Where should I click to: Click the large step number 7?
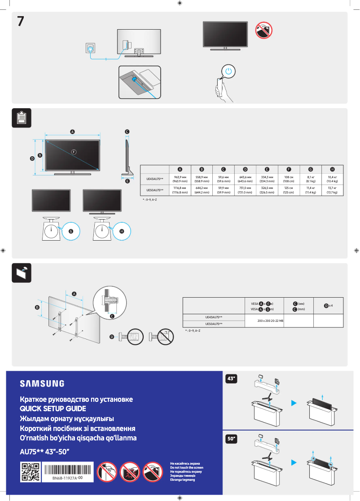(21, 21)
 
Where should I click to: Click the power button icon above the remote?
(229, 71)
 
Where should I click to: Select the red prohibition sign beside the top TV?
(263, 30)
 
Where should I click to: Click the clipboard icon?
(21, 118)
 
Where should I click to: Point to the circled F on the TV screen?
(73, 151)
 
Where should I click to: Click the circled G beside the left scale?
(70, 231)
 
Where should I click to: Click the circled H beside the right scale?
(122, 231)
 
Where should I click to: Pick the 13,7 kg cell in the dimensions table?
(332, 190)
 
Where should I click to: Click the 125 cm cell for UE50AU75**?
(289, 190)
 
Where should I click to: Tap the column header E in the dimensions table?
(267, 169)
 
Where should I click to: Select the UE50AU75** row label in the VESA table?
(214, 324)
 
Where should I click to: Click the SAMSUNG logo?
(42, 383)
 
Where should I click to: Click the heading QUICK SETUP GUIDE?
(53, 409)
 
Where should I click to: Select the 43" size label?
(231, 379)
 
